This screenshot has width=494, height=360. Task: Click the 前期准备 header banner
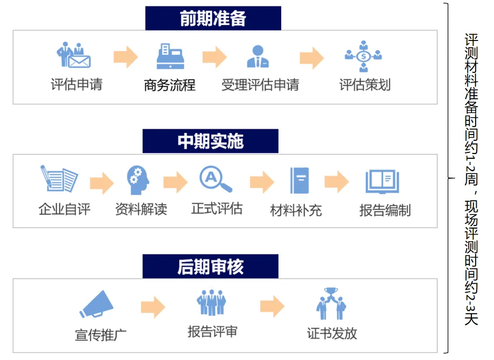coord(213,18)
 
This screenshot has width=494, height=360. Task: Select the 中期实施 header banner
coord(210,141)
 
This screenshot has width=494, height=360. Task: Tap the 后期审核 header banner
coord(210,266)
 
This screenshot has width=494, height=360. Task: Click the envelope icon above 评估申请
coord(74,55)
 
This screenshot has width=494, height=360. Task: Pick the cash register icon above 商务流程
coord(170,56)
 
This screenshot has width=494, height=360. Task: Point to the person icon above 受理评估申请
coord(258,56)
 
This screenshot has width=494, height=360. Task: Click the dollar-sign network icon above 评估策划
coord(363,56)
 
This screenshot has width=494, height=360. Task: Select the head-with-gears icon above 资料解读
coord(138,180)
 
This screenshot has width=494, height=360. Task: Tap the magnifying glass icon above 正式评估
coord(215,179)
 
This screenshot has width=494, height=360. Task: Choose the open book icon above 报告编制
coord(382,181)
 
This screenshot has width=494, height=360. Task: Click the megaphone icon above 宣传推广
coord(96,304)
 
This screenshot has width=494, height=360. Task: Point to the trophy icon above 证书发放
coord(331,304)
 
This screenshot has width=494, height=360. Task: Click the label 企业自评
coord(65,209)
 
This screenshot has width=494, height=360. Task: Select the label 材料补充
coord(296,210)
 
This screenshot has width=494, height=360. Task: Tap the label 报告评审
coord(212,332)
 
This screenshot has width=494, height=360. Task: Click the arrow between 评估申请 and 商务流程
coord(126,57)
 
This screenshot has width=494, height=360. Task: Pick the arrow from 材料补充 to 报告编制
coord(336,182)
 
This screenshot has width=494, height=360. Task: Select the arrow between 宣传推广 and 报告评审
coord(153,307)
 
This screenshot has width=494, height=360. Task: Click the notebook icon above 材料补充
coord(300,180)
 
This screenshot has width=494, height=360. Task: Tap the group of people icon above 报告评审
coord(211,302)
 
